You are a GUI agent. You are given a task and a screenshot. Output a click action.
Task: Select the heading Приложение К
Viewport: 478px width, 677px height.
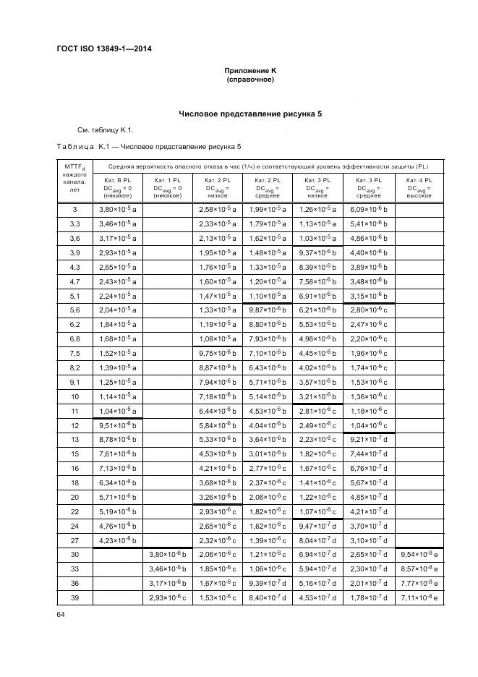click(x=250, y=70)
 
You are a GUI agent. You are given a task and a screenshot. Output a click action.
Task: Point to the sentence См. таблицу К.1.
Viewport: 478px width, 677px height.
click(x=106, y=130)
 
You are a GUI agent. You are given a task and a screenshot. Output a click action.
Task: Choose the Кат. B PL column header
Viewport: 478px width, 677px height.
click(x=118, y=187)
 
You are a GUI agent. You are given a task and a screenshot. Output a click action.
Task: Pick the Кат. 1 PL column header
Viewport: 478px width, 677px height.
click(x=168, y=187)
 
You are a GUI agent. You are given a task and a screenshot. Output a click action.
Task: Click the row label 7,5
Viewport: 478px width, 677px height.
click(x=74, y=354)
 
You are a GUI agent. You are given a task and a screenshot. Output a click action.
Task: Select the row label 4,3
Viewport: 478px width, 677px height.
click(x=74, y=267)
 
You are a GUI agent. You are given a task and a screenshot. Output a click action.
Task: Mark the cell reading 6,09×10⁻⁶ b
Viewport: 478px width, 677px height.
click(x=369, y=209)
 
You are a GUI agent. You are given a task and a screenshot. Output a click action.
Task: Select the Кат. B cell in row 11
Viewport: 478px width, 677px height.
click(x=118, y=412)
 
